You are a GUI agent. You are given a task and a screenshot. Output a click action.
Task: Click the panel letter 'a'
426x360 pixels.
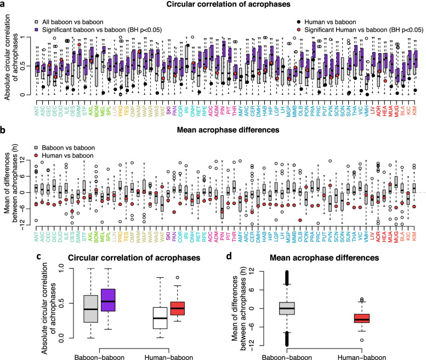tap(4, 5)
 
